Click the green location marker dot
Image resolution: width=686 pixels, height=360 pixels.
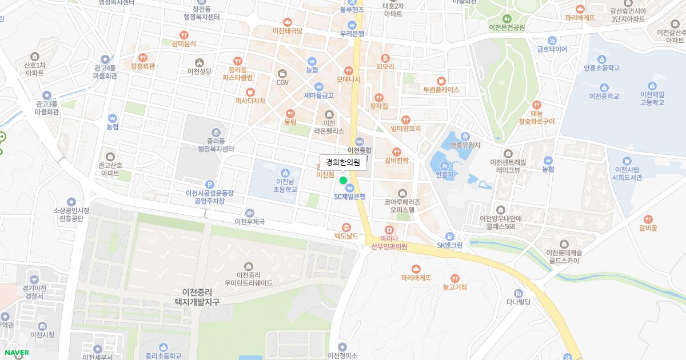[x=343, y=181]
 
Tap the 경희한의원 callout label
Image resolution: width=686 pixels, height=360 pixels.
[x=343, y=162]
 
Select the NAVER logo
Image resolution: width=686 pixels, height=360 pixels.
[x=16, y=353]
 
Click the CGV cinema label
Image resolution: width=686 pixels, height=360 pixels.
[x=282, y=82]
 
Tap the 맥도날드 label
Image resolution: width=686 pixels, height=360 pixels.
[x=346, y=235]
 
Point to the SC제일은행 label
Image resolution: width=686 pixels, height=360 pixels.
[x=350, y=196]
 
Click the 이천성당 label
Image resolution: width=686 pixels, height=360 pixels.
[x=200, y=71]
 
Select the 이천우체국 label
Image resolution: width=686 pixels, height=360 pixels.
[x=250, y=221]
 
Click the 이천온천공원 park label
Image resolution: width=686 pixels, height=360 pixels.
[x=507, y=27]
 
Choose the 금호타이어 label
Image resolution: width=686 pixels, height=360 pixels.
[x=552, y=49]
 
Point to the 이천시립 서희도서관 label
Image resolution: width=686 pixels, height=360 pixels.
[x=627, y=173]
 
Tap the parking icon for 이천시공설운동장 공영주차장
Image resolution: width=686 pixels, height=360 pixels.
[x=209, y=184]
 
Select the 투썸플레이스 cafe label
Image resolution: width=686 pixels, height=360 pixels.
[x=441, y=90]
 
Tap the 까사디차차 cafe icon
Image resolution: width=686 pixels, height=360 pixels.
[x=250, y=92]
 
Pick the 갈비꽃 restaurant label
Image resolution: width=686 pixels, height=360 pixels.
[x=648, y=227]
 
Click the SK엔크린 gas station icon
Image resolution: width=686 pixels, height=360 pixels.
[x=450, y=236]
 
